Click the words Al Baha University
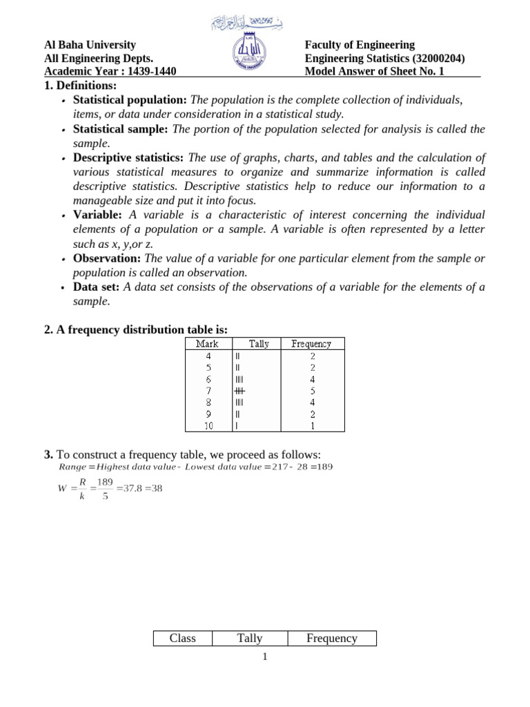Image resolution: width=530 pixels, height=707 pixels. point(90,45)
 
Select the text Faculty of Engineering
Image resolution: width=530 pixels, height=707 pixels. point(360,45)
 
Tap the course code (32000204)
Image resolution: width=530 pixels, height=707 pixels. point(431,59)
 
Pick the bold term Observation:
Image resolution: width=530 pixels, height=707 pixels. point(107,258)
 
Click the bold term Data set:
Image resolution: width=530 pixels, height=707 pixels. point(97,287)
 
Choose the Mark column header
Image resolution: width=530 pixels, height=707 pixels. point(207,344)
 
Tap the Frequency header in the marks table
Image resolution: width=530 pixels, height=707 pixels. point(311,344)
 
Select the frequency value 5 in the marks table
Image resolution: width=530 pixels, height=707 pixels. point(311,391)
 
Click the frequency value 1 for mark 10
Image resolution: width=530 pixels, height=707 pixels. point(311,426)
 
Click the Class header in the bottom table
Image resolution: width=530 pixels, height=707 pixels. point(182,639)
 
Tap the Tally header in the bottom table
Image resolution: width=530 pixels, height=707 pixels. point(249,639)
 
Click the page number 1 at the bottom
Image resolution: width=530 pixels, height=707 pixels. point(264,657)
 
